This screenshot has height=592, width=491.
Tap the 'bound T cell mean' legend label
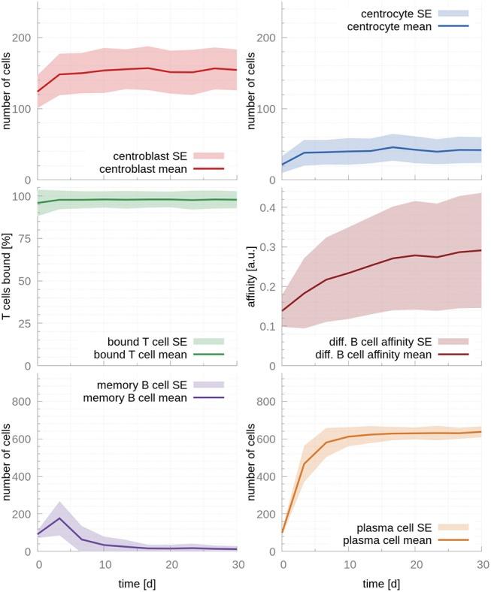(143, 354)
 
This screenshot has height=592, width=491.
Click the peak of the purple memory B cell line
(59, 518)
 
